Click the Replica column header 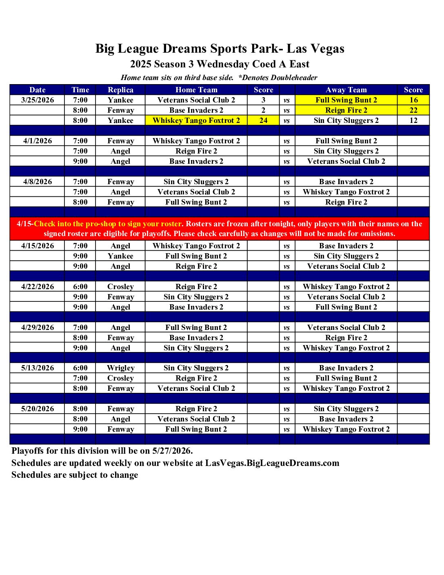tap(120, 90)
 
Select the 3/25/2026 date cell tap(38, 100)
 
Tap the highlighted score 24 tap(263, 120)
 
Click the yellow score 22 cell tap(413, 110)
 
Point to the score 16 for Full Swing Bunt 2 tap(413, 100)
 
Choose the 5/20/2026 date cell tap(38, 409)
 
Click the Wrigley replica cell tap(120, 368)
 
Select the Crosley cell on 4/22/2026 tap(120, 287)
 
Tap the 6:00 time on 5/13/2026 tap(80, 368)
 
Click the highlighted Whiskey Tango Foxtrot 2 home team tap(196, 120)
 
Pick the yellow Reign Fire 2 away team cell tap(346, 110)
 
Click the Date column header tap(38, 90)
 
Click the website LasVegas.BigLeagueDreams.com tap(272, 463)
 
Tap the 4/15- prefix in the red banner tap(25, 224)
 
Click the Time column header tap(80, 90)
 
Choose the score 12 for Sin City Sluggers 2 tap(413, 120)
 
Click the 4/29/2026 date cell tap(38, 328)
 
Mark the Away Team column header tap(346, 90)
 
